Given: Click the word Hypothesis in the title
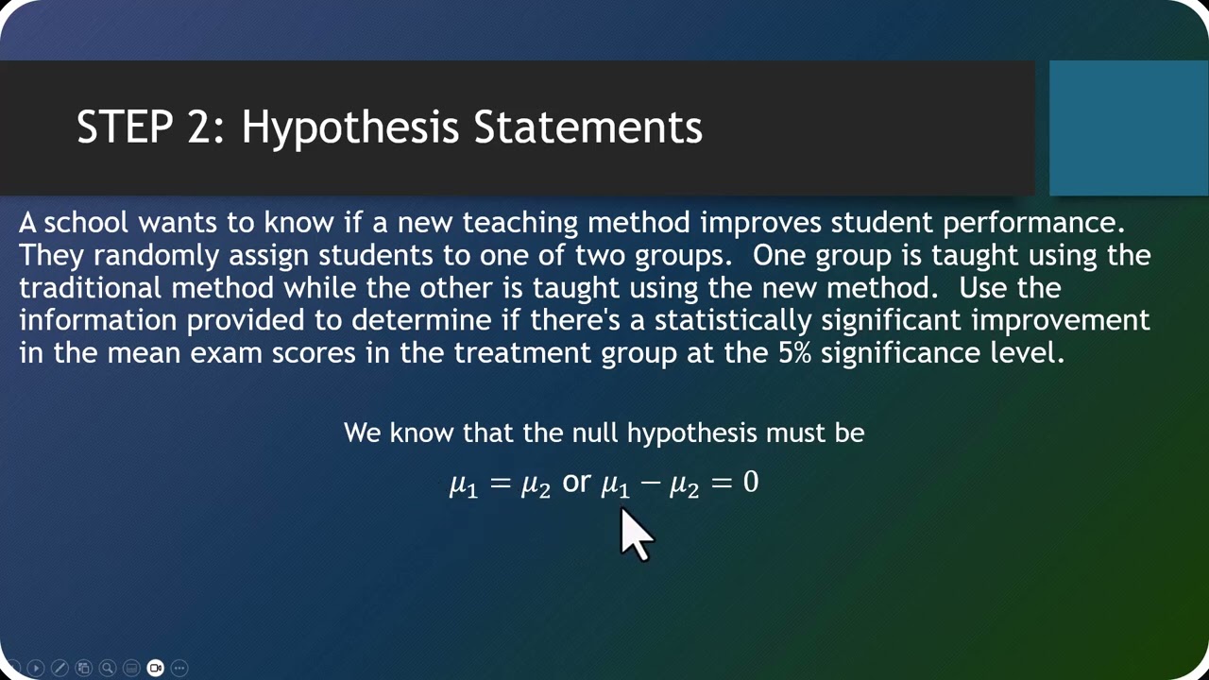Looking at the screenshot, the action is [349, 127].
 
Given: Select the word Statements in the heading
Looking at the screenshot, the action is [588, 127].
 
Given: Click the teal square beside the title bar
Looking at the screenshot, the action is [1129, 127].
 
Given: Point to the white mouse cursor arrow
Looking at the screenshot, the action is [636, 535].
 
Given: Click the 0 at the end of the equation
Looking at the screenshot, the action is [751, 481].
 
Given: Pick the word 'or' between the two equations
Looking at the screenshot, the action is [576, 482].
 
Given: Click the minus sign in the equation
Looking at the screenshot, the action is [650, 482].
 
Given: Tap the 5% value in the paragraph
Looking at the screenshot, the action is [794, 353].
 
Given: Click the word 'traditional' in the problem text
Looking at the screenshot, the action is [90, 288].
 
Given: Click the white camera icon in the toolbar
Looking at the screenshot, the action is [156, 668].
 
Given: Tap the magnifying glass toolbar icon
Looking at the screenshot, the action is [108, 668].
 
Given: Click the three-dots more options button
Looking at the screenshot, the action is [179, 668].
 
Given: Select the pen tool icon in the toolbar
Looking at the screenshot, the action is [60, 668].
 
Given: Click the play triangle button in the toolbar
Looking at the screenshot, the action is [36, 668].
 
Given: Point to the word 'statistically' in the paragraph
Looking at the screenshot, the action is [733, 320].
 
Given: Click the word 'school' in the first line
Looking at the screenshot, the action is [86, 222].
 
